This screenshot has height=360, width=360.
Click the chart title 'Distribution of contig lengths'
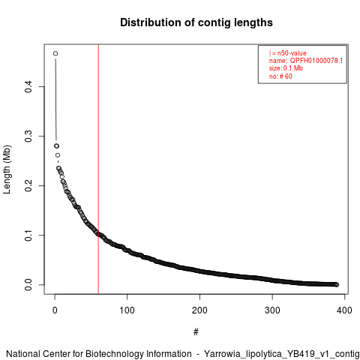click(196, 22)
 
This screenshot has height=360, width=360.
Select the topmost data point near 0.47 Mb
click(55, 53)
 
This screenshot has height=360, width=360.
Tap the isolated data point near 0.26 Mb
click(58, 155)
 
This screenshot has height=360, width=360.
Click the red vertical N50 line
click(98, 169)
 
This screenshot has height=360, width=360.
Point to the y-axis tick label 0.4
click(28, 87)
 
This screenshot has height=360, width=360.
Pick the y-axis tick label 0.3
click(28, 136)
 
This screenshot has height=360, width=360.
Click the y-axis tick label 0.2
click(28, 186)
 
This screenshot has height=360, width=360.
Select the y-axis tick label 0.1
click(28, 235)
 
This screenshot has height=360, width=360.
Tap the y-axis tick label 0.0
click(28, 285)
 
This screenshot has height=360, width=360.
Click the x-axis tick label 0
click(55, 310)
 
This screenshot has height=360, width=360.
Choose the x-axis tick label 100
click(127, 310)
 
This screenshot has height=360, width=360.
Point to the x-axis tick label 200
click(199, 310)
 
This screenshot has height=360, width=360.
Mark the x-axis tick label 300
click(272, 310)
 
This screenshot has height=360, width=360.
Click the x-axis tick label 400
click(344, 310)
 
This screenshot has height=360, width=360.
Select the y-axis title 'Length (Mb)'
click(7, 169)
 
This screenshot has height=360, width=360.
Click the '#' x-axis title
click(196, 332)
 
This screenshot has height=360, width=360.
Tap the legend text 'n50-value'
click(292, 53)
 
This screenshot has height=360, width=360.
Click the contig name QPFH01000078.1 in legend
click(316, 61)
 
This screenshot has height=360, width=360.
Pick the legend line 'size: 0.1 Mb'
click(286, 68)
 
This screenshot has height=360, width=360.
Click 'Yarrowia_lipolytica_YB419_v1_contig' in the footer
click(282, 354)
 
